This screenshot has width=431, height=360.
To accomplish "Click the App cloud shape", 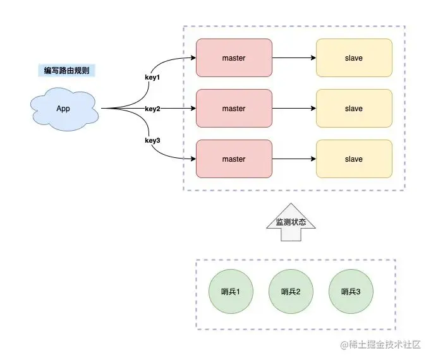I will tap(64, 109).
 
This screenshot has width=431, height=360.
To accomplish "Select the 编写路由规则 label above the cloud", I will tap(66, 71).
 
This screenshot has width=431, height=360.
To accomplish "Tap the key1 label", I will tap(153, 77).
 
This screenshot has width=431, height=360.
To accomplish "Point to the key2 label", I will tap(152, 109).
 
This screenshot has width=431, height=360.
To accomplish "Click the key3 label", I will tap(152, 140).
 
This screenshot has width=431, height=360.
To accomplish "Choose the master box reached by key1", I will tap(234, 58).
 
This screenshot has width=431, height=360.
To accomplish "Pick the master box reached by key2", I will tap(234, 109).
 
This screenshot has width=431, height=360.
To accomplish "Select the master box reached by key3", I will tap(234, 159).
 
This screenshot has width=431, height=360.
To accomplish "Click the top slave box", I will tap(354, 58).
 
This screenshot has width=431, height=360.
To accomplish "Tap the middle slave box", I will tap(354, 109).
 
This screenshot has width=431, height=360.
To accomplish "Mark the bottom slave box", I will tap(354, 159).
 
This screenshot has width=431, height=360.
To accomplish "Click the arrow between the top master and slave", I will tap(294, 58).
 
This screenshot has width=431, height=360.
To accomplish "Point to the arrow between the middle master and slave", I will tap(294, 109).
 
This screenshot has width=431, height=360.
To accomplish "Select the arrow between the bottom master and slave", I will tap(294, 159).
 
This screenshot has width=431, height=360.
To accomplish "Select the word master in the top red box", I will tap(234, 58).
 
